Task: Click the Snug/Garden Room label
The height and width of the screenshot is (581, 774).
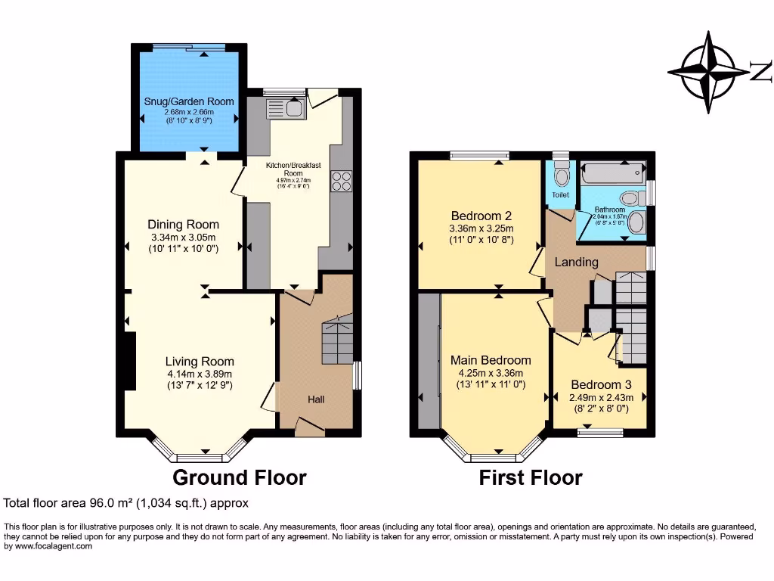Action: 189,101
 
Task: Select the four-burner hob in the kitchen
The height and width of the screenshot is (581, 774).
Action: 341,182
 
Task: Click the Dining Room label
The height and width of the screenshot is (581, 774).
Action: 183,224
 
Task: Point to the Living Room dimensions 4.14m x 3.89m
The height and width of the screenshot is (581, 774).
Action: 200,373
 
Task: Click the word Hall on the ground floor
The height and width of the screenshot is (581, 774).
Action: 316,399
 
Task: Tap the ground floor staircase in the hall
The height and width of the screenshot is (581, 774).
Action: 338,340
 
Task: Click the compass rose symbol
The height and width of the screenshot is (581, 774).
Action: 711,73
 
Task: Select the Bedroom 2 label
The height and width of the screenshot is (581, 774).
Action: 481,213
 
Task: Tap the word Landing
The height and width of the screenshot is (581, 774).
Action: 576,263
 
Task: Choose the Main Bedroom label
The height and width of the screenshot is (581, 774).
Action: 491,360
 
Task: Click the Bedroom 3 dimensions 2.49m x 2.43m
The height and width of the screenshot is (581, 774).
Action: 602,397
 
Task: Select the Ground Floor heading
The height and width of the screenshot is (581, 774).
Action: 240,477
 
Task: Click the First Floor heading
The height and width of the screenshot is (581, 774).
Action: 530,477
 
